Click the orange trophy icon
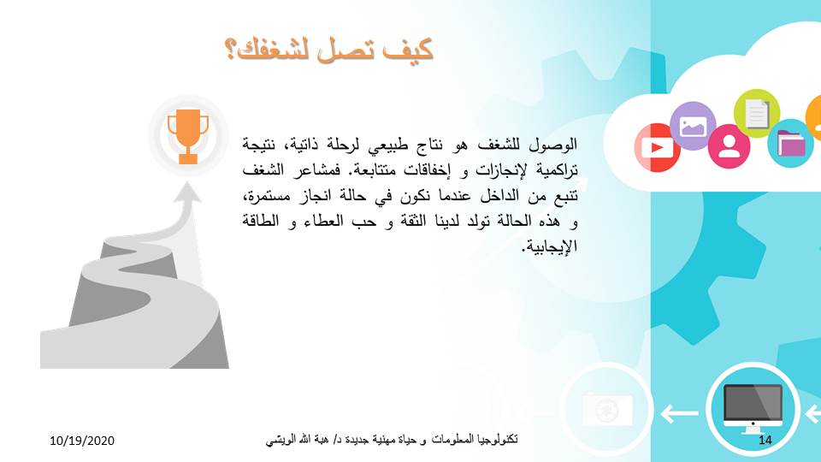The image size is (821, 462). (x=188, y=136)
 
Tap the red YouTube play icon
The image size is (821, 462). (x=657, y=147)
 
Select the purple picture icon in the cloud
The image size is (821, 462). (x=693, y=126)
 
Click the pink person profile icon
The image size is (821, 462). (x=729, y=145)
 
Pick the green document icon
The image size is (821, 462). (x=757, y=113)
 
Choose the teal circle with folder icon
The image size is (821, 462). (x=790, y=144)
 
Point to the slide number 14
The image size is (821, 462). (x=765, y=440)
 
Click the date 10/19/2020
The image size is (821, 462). (x=82, y=441)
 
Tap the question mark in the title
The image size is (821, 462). (x=231, y=50)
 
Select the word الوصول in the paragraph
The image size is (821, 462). (x=553, y=144)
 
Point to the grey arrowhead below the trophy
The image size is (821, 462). (x=187, y=192)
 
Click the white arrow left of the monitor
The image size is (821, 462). (x=680, y=413)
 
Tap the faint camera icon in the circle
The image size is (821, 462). (x=607, y=409)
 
